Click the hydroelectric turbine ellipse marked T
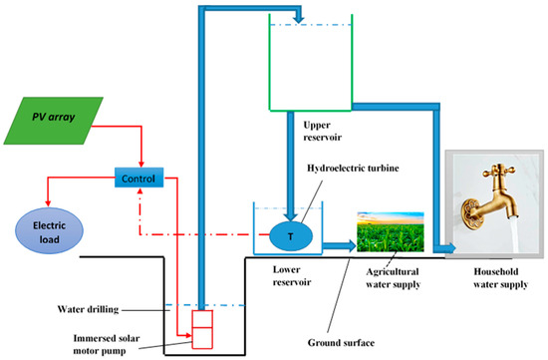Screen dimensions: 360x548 point(289,236)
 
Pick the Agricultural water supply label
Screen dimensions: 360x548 point(392,276)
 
